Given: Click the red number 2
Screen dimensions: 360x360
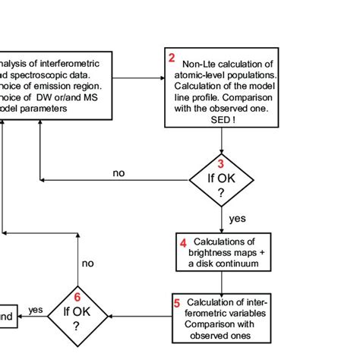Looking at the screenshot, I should [x=172, y=58].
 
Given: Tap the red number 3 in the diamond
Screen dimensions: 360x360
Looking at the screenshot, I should [x=221, y=163].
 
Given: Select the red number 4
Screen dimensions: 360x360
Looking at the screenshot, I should [x=183, y=243].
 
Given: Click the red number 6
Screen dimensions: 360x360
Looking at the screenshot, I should [x=77, y=297].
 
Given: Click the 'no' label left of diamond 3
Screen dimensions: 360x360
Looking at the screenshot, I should [x=119, y=173].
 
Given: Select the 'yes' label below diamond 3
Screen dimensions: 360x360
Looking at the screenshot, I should [x=238, y=218].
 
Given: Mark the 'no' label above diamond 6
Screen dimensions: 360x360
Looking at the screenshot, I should [x=89, y=263].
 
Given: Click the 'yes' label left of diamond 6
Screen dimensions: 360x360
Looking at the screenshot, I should [x=36, y=310].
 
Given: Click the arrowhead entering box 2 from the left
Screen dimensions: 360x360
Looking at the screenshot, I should [x=161, y=76].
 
